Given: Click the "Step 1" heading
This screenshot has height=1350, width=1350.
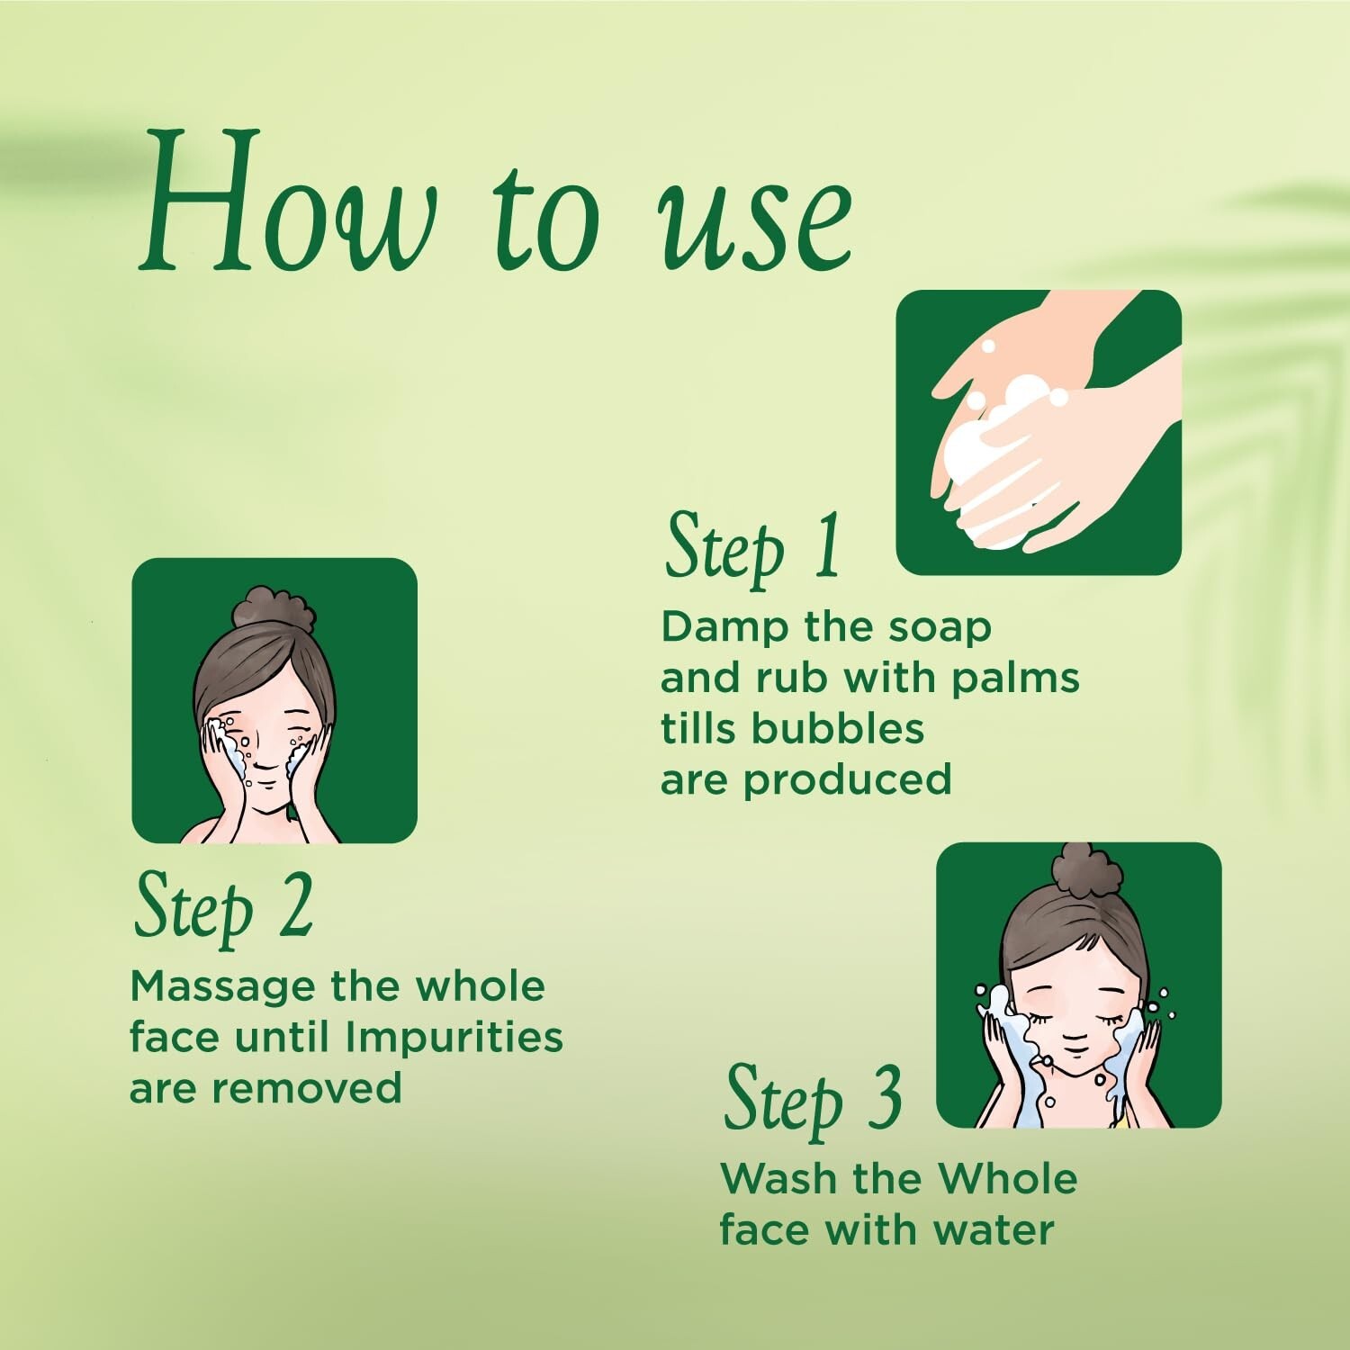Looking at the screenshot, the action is [x=752, y=546].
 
